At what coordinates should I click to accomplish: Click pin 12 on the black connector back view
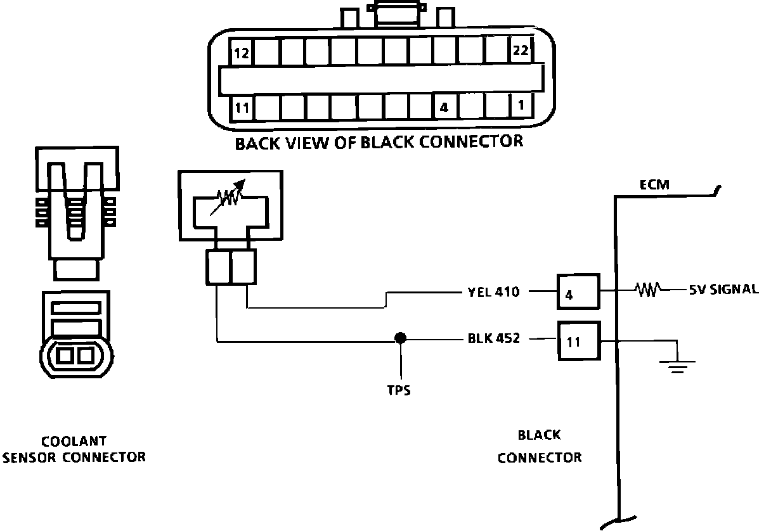241,53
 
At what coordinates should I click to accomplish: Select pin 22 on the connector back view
520,51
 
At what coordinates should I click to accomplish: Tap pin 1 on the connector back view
520,106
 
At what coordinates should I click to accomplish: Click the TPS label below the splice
399,390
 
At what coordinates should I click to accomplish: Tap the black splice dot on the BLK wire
400,338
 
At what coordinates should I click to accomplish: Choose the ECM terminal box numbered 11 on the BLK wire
578,342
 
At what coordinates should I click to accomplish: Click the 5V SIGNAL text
723,290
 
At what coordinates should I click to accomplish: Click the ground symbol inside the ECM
678,364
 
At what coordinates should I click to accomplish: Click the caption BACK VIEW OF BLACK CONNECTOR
379,142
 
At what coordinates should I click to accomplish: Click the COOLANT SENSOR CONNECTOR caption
74,449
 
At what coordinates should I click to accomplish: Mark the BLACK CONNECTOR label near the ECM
540,446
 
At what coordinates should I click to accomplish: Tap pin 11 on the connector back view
241,107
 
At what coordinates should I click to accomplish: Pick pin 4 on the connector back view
444,107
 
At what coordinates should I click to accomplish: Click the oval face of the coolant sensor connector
75,356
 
